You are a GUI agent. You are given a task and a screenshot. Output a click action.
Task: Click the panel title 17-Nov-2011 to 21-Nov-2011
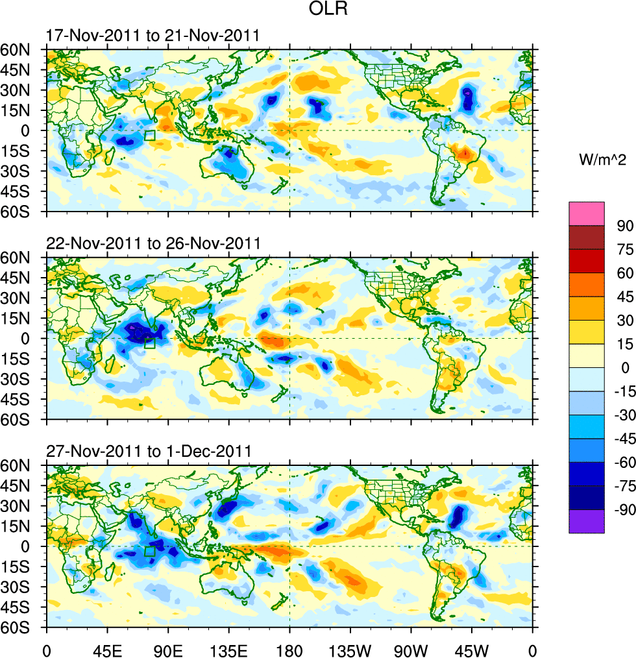coord(153,36)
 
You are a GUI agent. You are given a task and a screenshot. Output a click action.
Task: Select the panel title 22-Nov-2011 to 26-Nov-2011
coord(153,243)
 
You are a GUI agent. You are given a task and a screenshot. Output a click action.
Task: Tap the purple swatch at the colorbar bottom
coord(586,522)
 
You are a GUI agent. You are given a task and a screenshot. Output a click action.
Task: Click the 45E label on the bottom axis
coord(107,648)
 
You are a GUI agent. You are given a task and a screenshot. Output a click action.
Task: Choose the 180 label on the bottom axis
coord(289,648)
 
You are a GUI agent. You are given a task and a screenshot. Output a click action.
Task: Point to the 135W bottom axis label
coord(350,648)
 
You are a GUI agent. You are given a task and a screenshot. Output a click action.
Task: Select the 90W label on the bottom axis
coord(411,648)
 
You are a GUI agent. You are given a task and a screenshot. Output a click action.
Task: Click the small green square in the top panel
coord(150,136)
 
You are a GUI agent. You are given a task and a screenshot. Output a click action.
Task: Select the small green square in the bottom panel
coord(150,551)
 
